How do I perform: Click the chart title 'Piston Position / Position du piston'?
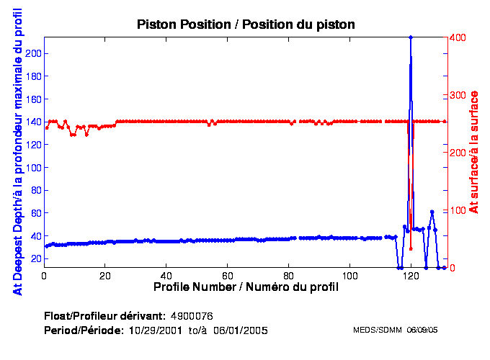pos(246,24)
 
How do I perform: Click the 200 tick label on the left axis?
pos(32,53)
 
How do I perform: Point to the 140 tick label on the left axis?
pos(32,122)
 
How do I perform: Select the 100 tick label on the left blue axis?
pos(32,167)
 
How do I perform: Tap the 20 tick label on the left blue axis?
pos(35,258)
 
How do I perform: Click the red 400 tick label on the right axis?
pos(458,37)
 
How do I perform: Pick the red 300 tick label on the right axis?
pos(458,95)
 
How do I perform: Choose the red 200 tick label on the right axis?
pos(458,153)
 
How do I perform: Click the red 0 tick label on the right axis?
pos(453,268)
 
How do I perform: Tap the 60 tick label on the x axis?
pos(228,276)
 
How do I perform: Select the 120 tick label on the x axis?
pos(411,276)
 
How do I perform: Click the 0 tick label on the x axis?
pos(45,276)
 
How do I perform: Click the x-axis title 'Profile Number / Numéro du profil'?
pos(246,287)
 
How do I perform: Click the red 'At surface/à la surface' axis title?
pos(474,152)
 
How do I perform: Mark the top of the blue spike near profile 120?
pos(411,37)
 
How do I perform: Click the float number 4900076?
pos(192,316)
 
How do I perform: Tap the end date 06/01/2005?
pos(242,330)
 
